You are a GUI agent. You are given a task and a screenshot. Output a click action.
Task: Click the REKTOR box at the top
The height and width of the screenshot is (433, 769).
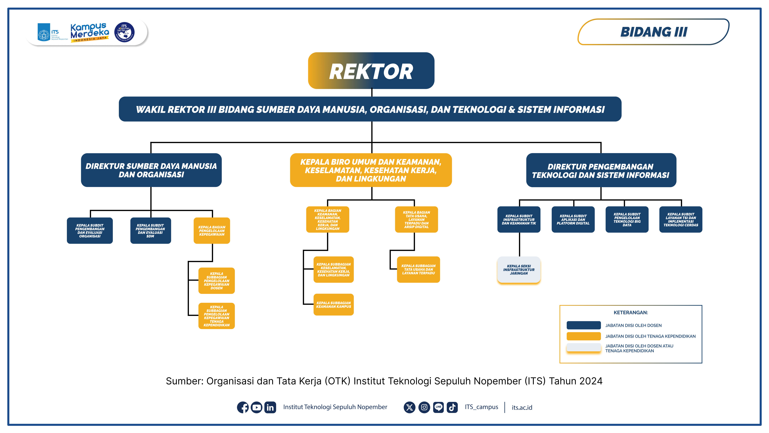[371, 71]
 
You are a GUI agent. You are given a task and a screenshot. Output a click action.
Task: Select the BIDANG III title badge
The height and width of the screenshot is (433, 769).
[654, 32]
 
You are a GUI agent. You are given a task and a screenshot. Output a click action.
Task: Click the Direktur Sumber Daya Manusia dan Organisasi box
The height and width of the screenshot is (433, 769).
[151, 170]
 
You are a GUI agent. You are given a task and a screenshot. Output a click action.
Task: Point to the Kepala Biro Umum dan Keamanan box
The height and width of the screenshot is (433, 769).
[371, 170]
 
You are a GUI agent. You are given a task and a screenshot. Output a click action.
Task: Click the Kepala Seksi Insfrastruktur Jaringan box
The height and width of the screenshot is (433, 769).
[519, 270]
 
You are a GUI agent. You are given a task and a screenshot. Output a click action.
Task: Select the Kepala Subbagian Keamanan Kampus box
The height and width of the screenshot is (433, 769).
[334, 304]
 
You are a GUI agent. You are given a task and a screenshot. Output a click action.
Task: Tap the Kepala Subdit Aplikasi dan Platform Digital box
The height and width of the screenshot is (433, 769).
[573, 219]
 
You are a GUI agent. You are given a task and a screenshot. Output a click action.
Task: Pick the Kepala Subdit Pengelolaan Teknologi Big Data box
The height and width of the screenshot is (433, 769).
[627, 219]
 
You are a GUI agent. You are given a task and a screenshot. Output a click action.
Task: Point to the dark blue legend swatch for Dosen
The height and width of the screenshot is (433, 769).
[584, 325]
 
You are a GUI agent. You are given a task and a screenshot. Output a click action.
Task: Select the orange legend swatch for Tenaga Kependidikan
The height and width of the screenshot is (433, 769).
[584, 336]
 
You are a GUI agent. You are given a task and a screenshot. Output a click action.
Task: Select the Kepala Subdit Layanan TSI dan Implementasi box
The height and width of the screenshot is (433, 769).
[681, 219]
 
